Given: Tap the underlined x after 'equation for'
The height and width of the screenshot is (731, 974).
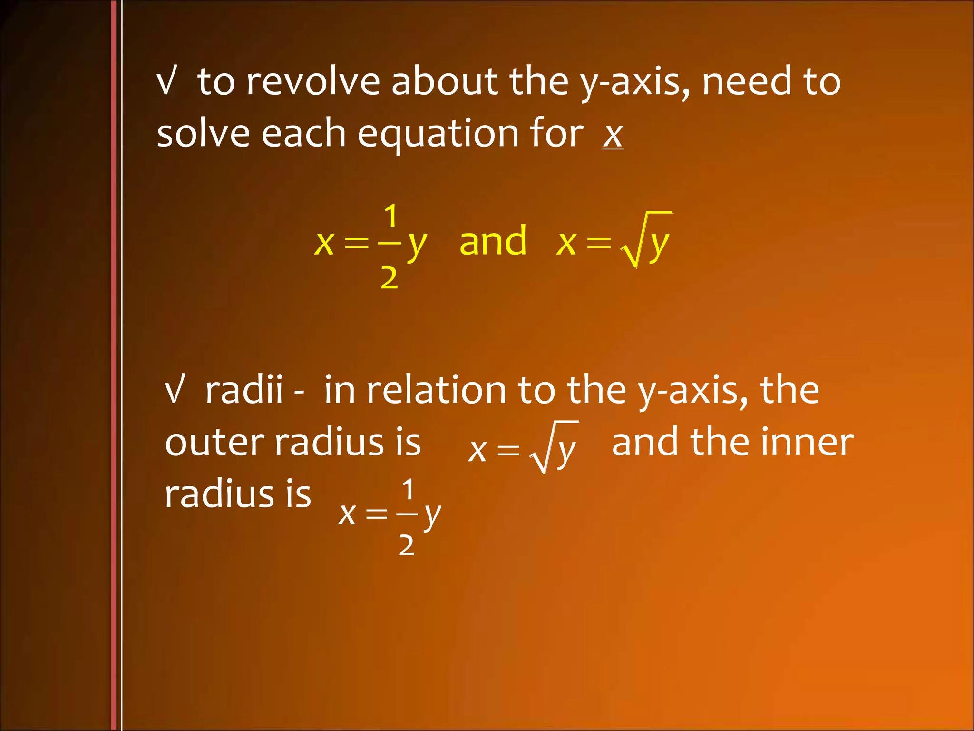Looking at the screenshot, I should (x=613, y=135).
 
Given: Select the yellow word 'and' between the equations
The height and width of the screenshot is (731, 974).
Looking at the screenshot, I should (x=493, y=241).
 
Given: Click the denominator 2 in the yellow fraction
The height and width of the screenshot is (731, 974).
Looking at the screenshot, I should (x=389, y=277).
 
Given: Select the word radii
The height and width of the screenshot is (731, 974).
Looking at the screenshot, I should (x=244, y=390).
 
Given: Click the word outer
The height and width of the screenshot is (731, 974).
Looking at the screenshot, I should (x=214, y=443).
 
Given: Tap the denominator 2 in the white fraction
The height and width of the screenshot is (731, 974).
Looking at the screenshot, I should (x=407, y=545).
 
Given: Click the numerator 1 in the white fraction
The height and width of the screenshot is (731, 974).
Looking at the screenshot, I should (x=408, y=489).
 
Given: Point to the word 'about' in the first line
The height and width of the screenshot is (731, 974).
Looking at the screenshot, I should (x=444, y=82).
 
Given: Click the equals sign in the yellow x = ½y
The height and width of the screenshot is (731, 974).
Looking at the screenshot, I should (x=356, y=243).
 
